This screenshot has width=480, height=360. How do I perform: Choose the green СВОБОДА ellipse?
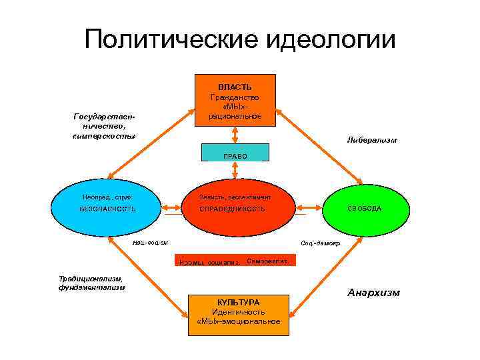coord(364,209)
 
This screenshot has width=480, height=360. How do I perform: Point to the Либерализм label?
coord(372,140)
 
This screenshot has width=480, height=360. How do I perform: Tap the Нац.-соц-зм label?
coord(151,243)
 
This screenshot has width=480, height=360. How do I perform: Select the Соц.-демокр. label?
coord(321,243)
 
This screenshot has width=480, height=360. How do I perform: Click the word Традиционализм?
coord(89,279)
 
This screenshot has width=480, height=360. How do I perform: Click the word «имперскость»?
coord(103,136)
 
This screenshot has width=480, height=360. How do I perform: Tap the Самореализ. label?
coord(267,261)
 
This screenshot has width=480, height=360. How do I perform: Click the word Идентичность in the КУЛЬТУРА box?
coord(239,311)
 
